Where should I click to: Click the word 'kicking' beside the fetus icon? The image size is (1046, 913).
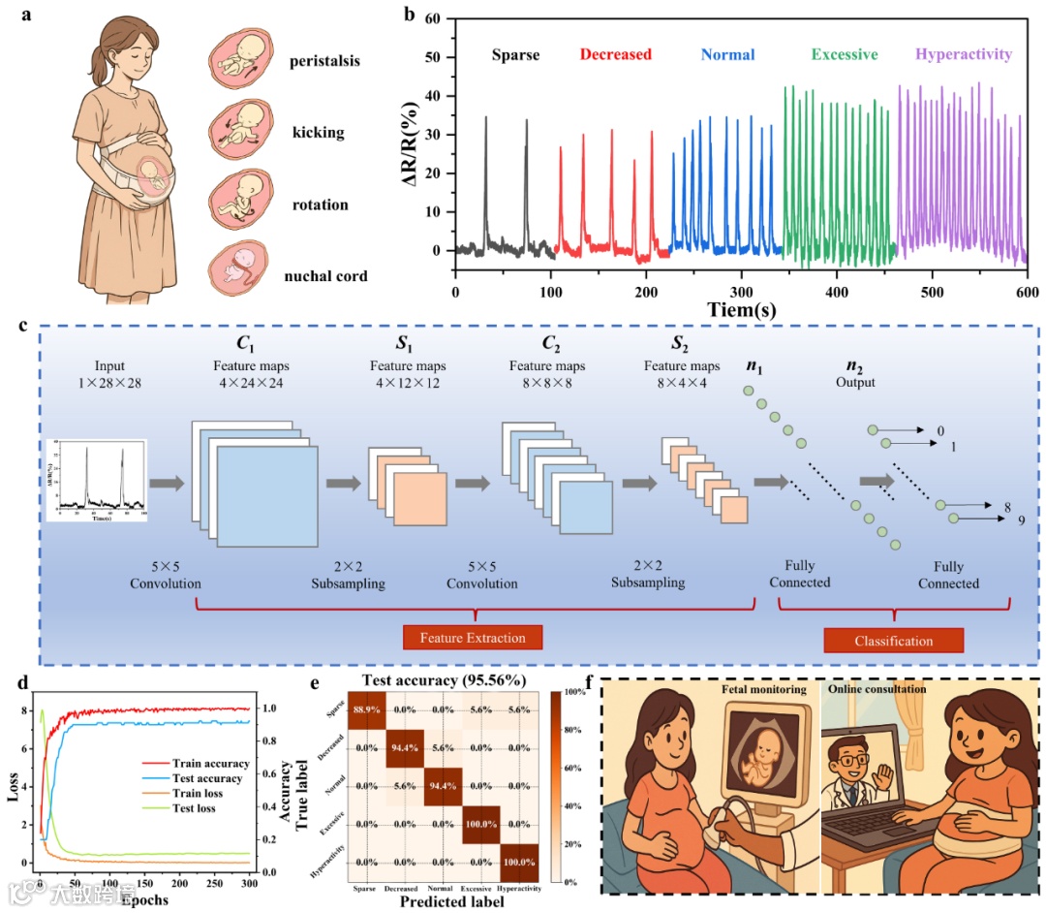[x=318, y=132]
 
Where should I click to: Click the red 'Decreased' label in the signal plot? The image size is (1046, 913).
[x=616, y=54]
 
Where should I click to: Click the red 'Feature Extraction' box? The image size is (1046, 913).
[x=473, y=638]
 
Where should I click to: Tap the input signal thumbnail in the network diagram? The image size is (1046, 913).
[x=96, y=480]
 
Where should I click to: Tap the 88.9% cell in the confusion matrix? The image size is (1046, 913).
[x=368, y=709]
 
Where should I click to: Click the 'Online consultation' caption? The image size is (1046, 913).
[x=878, y=690]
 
